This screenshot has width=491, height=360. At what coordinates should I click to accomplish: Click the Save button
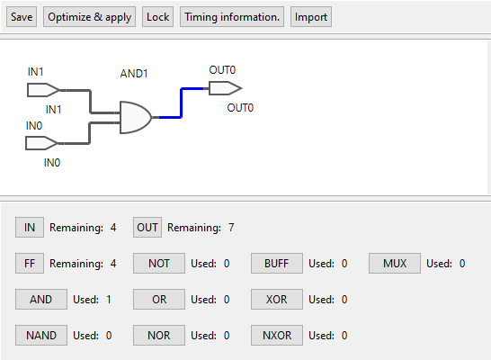(x=22, y=17)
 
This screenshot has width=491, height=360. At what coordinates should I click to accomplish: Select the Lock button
(x=158, y=17)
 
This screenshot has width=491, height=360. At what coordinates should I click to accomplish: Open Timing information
(x=232, y=17)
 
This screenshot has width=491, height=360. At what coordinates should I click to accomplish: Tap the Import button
(x=311, y=17)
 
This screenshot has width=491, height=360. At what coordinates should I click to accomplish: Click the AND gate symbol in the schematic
(x=135, y=118)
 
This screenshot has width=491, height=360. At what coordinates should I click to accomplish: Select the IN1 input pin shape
(x=43, y=90)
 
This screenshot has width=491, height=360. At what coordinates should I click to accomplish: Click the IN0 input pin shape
(x=41, y=143)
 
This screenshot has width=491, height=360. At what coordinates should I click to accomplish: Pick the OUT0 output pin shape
(x=225, y=88)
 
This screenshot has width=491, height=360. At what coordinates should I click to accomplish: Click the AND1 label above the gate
(x=134, y=74)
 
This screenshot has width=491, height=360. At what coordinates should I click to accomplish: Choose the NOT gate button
(x=159, y=264)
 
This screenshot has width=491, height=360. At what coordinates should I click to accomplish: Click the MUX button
(x=395, y=264)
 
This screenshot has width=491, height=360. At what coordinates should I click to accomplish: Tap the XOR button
(x=277, y=300)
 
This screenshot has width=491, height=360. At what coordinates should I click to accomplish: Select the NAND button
(x=41, y=336)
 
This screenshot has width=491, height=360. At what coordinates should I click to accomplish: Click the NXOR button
(x=277, y=336)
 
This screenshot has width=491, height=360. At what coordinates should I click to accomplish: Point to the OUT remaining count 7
(x=231, y=228)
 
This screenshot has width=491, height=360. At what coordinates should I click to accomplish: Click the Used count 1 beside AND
(x=109, y=300)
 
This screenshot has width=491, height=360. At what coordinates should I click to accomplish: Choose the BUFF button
(x=277, y=264)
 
